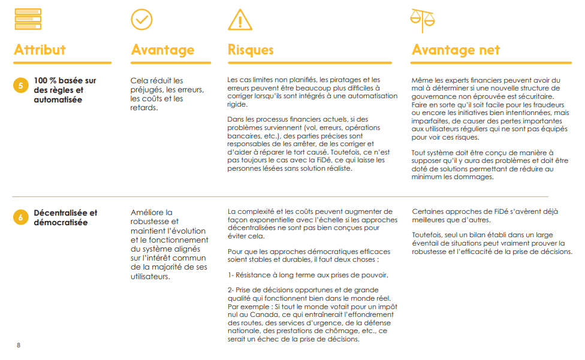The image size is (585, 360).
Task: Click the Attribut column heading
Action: pyautogui.click(x=40, y=50)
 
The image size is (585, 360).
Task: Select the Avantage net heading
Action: pyautogui.click(x=456, y=50)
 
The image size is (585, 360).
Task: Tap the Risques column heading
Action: pyautogui.click(x=251, y=50)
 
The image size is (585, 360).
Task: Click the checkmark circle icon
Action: pyautogui.click(x=141, y=19)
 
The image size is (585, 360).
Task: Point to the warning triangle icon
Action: pyautogui.click(x=240, y=20)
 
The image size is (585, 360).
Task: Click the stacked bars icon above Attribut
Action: pyautogui.click(x=28, y=19)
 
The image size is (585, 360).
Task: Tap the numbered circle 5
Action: pyautogui.click(x=20, y=86)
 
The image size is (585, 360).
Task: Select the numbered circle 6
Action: pyautogui.click(x=20, y=217)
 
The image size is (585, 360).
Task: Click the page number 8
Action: pyautogui.click(x=19, y=346)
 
